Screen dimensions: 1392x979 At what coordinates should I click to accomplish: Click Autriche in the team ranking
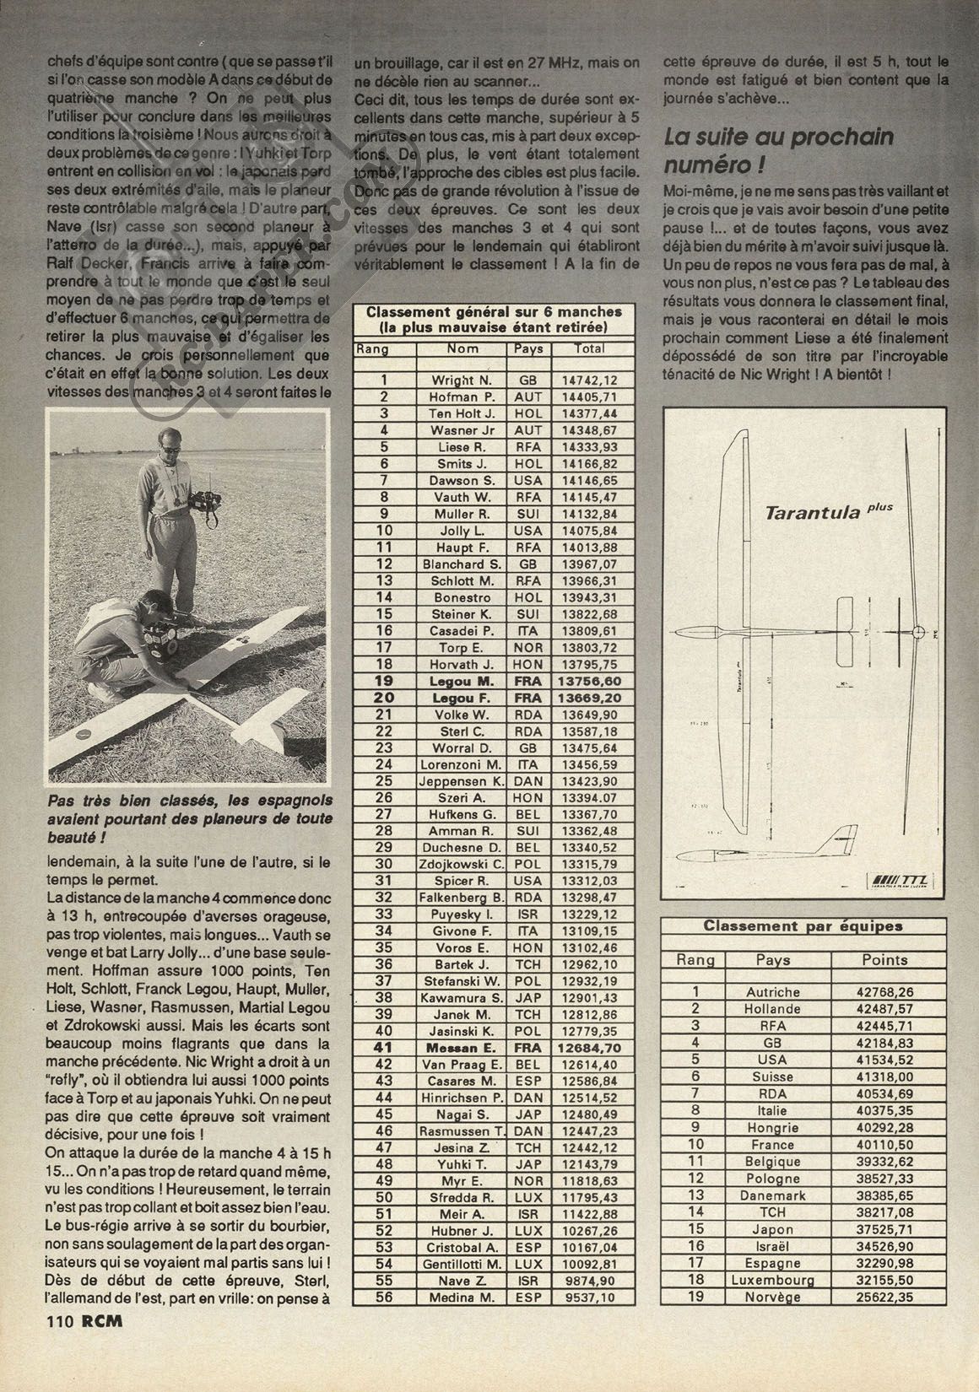point(773,992)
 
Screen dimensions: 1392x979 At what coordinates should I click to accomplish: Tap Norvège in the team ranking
point(773,1297)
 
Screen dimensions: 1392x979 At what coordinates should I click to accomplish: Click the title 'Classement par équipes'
point(803,926)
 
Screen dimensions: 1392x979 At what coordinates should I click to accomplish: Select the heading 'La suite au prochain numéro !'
point(779,149)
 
